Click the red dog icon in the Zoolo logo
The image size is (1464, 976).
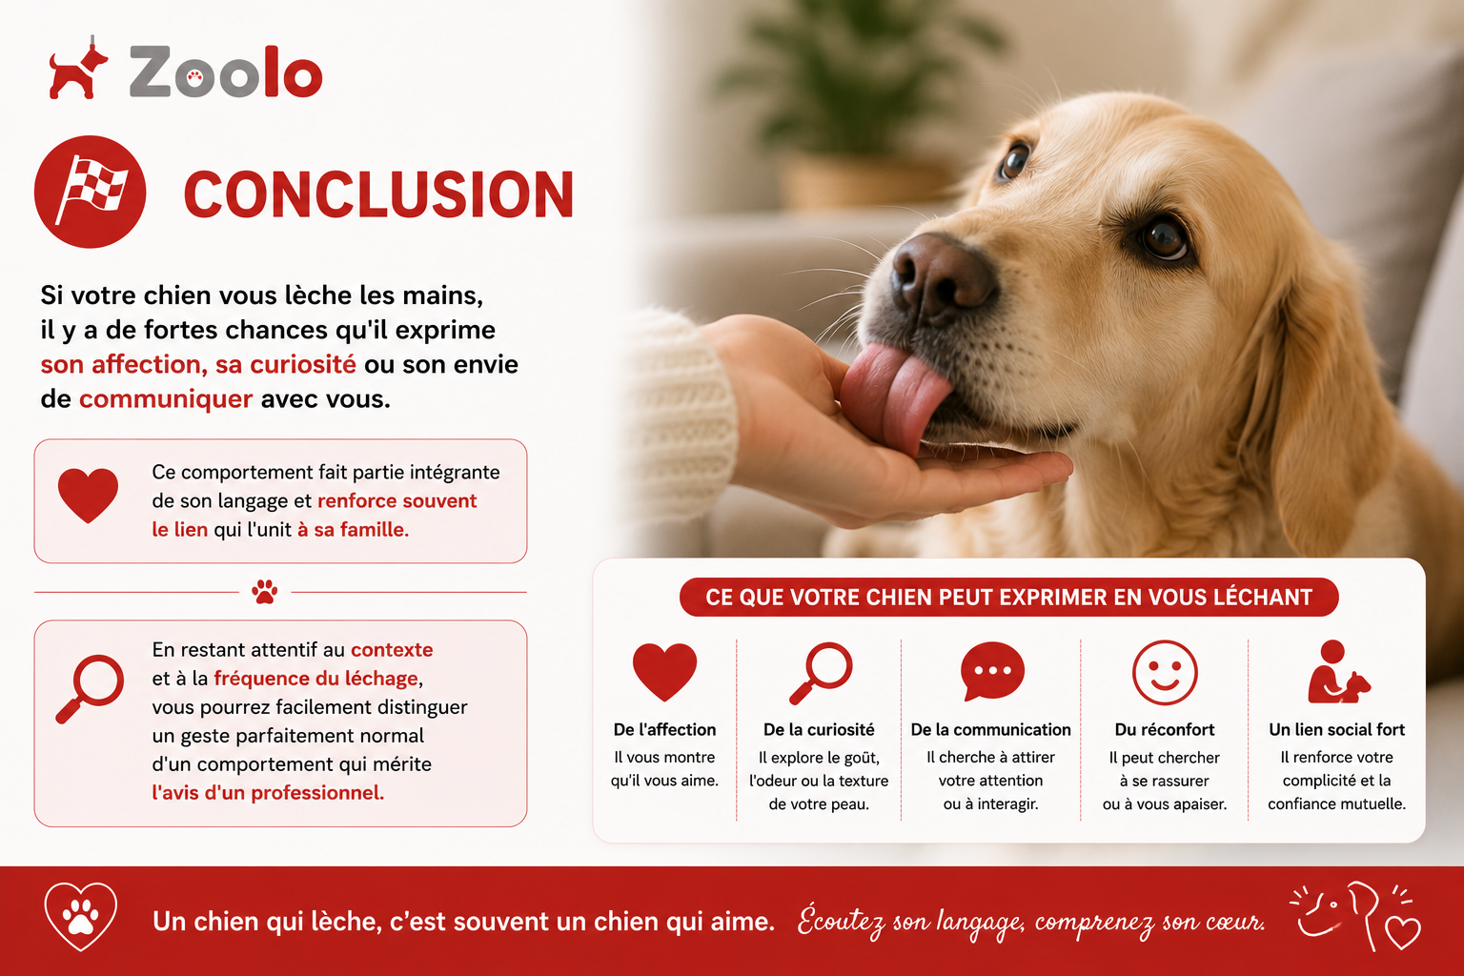[x=77, y=70]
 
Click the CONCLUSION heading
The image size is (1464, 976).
[x=378, y=194]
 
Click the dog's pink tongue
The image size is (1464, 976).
[x=895, y=396]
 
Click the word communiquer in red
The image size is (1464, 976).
[x=165, y=398]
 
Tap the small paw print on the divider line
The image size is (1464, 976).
[x=265, y=592]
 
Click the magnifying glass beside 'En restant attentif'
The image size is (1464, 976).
[x=90, y=689]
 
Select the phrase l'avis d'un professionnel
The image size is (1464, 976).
[x=268, y=793]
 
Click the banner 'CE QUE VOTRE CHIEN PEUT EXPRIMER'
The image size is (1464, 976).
[x=1008, y=597]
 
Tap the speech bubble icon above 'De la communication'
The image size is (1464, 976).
[x=992, y=671]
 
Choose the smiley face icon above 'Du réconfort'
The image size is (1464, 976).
[x=1165, y=673]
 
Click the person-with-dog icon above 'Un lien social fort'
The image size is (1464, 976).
[x=1338, y=672]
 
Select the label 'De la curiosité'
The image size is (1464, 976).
[x=819, y=729]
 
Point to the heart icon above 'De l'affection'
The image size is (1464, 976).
[x=664, y=671]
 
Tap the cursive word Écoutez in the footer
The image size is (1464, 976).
[x=842, y=922]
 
